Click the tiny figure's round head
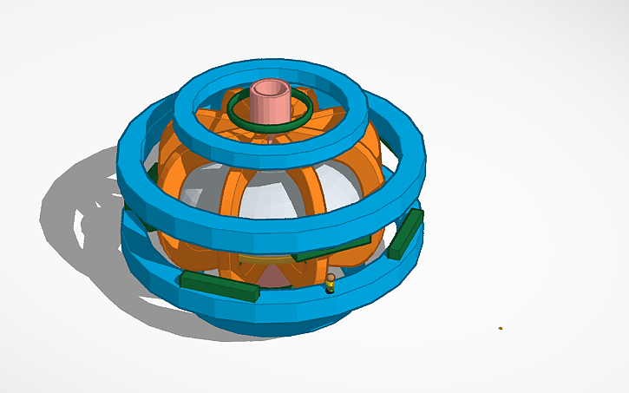point(331,278)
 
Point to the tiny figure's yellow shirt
point(330,285)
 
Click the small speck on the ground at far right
point(500,328)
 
